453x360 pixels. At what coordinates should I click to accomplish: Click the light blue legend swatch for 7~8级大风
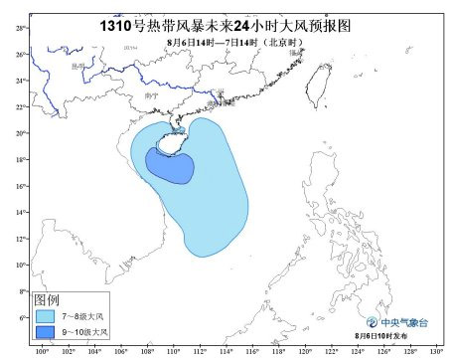[47, 316]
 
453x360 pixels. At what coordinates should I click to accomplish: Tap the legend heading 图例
[48, 299]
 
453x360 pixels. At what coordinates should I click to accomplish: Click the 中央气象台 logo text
[407, 323]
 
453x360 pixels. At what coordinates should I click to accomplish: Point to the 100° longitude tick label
[42, 352]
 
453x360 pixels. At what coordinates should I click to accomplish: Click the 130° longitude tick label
[435, 352]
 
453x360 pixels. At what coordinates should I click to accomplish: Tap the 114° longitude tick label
[226, 352]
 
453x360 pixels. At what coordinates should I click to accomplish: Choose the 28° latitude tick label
[21, 28]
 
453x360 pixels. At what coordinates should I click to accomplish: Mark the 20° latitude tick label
[21, 133]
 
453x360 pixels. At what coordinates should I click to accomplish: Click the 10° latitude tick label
[21, 265]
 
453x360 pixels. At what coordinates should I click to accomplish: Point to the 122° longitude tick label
[330, 352]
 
